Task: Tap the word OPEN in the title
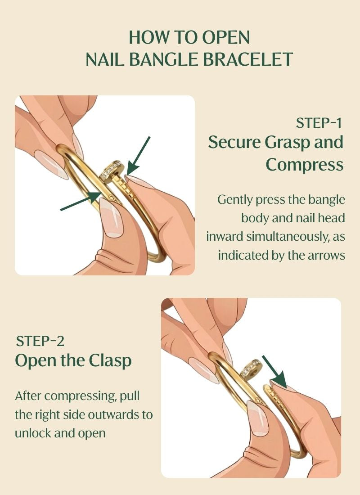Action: coord(225,37)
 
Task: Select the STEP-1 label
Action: coord(319,123)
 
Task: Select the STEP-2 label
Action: coord(40,341)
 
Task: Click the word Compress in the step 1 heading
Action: coord(304,164)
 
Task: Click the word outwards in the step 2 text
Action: coord(115,414)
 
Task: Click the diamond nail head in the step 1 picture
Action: coord(112,171)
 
